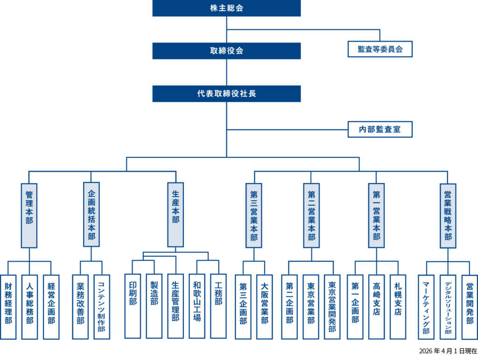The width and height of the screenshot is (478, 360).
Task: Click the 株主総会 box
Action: (x=226, y=8)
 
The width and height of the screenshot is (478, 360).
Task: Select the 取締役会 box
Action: (x=226, y=51)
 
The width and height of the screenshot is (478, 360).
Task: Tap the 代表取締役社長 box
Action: (x=226, y=93)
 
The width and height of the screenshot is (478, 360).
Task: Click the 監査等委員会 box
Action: (x=380, y=49)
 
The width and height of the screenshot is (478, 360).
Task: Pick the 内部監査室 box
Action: (x=380, y=129)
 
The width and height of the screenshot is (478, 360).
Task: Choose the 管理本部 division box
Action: (x=29, y=215)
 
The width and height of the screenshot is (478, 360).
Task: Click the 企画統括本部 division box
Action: (x=91, y=215)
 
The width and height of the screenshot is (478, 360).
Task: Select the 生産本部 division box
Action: (x=176, y=215)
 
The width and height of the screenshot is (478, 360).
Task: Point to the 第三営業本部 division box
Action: (x=253, y=215)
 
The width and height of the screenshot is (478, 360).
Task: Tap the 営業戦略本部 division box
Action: (x=448, y=215)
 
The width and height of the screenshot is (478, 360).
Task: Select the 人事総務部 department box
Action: (x=29, y=306)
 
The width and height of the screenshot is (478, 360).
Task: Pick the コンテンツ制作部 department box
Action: (x=101, y=306)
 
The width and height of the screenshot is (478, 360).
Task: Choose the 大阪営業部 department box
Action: (x=264, y=306)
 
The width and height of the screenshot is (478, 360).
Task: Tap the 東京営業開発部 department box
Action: (x=332, y=306)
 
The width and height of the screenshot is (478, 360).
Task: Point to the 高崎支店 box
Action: (x=376, y=306)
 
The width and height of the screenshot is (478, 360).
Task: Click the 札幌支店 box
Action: (x=398, y=306)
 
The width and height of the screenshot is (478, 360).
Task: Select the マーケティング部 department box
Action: (x=426, y=306)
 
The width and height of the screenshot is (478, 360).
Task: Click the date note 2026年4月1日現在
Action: (x=448, y=351)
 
